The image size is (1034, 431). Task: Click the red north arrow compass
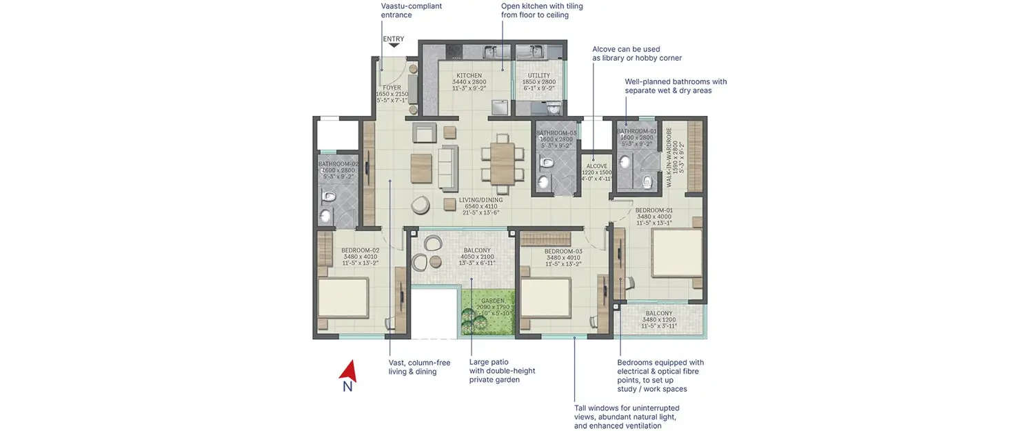click(347, 372)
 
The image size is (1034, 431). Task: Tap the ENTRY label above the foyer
click(394, 39)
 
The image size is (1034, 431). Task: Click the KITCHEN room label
click(469, 76)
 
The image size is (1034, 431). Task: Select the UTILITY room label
click(538, 76)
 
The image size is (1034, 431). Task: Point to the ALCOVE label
click(597, 166)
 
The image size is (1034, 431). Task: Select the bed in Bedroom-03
click(546, 295)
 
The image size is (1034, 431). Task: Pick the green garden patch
click(488, 312)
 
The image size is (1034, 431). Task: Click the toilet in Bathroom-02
click(328, 197)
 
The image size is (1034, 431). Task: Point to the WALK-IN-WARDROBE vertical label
click(669, 159)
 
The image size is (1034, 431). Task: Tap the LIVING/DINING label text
click(481, 201)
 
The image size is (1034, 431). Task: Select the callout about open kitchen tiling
click(542, 10)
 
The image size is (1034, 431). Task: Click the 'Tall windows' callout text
click(626, 417)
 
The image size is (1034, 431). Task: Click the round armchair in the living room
click(420, 205)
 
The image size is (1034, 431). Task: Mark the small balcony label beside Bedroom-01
click(659, 313)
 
